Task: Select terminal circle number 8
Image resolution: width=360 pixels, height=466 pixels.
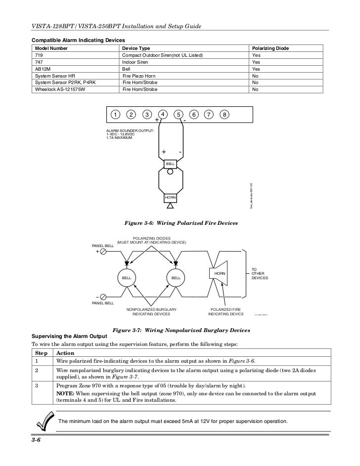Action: coord(225,115)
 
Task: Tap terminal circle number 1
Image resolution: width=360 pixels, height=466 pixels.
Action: coord(115,115)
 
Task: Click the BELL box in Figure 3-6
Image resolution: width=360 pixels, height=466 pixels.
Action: coord(170,163)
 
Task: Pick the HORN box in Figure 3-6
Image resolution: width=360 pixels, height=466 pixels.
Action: coord(170,197)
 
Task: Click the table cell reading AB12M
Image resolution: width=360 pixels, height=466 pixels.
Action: coord(42,70)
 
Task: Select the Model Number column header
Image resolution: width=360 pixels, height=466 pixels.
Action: coord(51,48)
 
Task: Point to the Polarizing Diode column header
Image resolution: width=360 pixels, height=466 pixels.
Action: coord(270,48)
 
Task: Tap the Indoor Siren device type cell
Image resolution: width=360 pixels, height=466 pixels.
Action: coord(136,63)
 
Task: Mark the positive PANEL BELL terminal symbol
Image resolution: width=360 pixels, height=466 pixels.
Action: coord(103,252)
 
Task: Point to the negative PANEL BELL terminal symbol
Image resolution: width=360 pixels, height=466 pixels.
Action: coord(103,297)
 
